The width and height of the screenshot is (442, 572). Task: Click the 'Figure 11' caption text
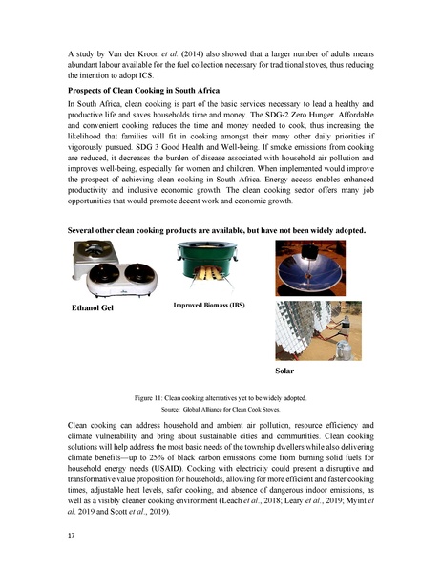pos(221,395)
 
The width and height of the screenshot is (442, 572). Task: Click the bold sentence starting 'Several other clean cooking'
pos(219,232)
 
